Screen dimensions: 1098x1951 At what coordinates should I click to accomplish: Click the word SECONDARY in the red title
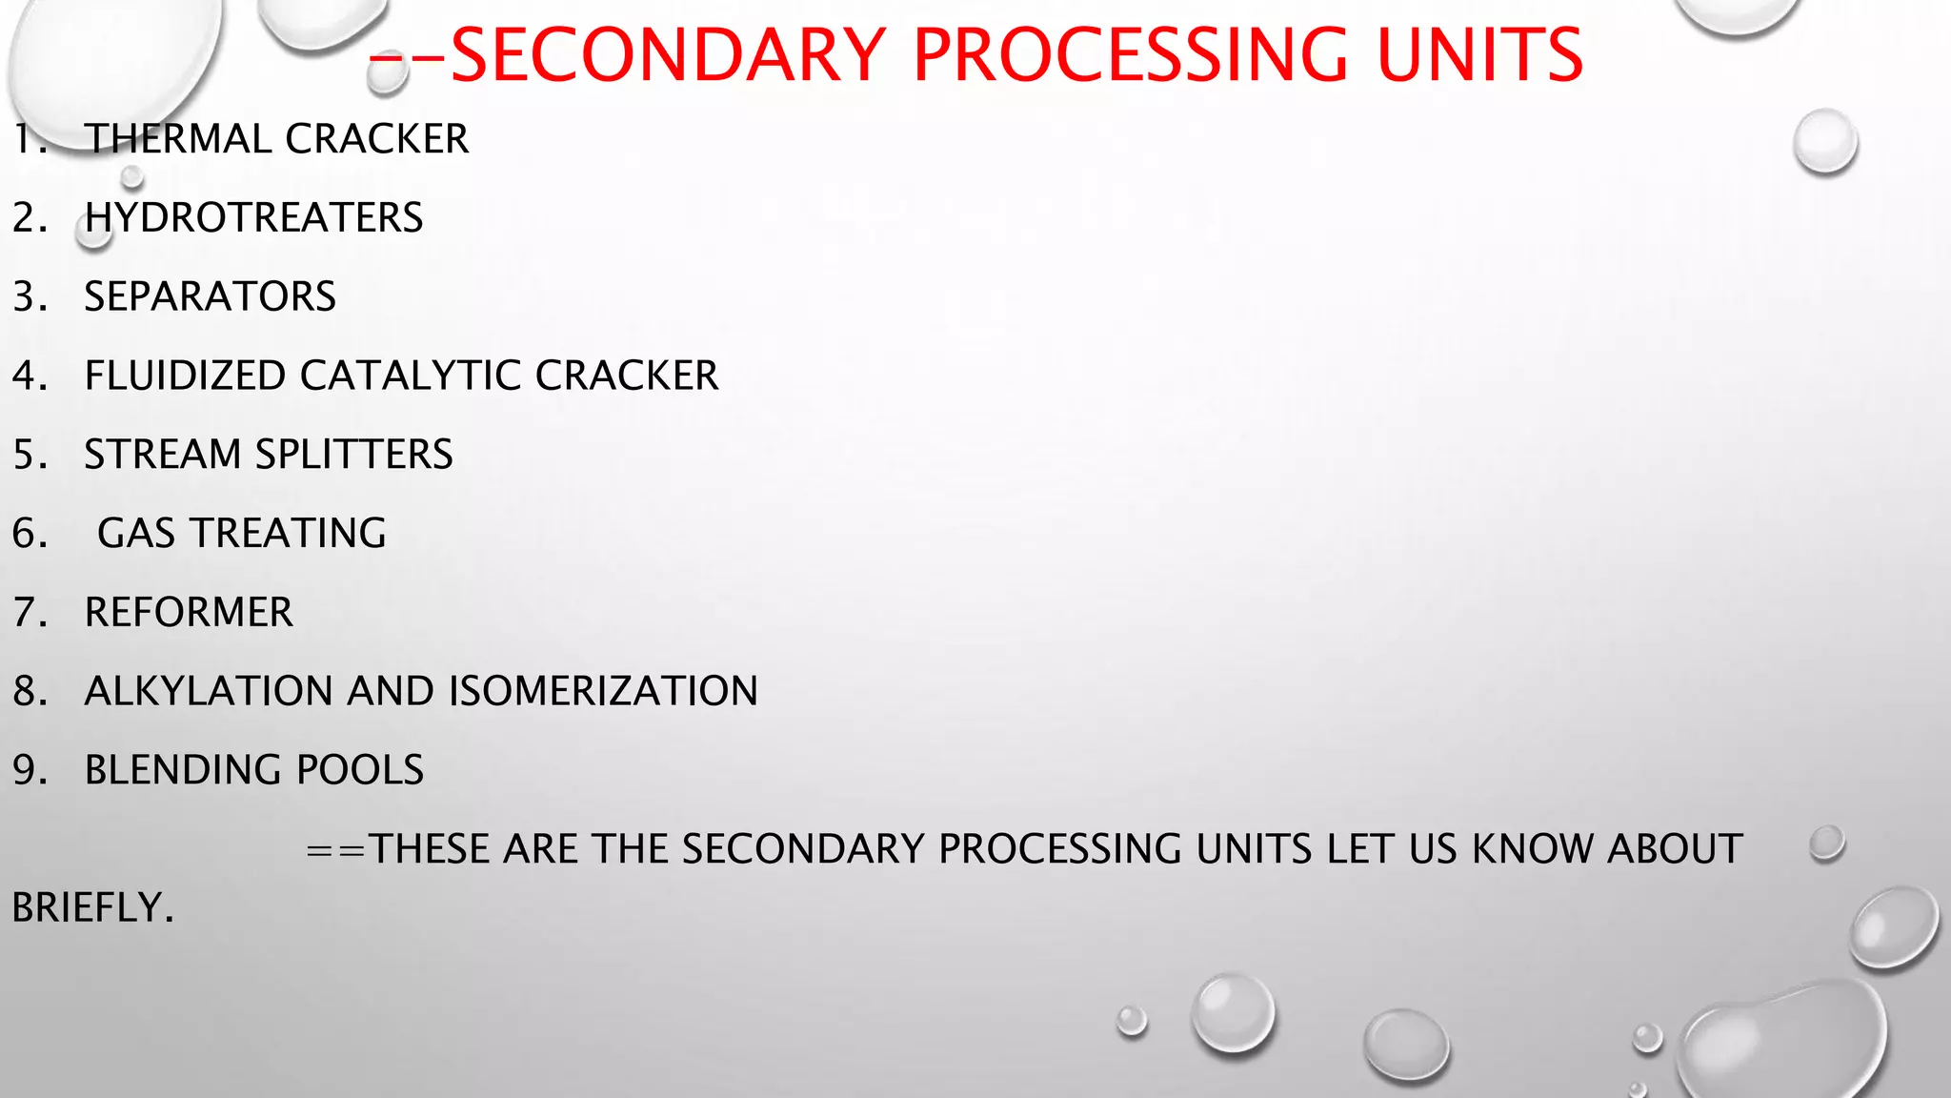[x=668, y=55]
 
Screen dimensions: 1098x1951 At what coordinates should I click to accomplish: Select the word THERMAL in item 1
[x=178, y=139]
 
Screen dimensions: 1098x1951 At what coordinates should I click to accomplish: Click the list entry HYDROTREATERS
[x=253, y=218]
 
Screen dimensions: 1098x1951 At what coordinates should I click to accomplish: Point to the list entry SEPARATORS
[x=210, y=296]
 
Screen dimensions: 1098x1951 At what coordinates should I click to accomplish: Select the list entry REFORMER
[x=189, y=612]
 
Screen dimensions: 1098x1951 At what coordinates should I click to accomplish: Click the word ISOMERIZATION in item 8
[x=602, y=691]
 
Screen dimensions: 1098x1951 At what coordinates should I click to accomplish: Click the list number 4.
[x=29, y=376]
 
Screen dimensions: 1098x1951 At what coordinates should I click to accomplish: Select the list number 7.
[x=29, y=612]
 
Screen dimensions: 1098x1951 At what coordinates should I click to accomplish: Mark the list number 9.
[x=29, y=770]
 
